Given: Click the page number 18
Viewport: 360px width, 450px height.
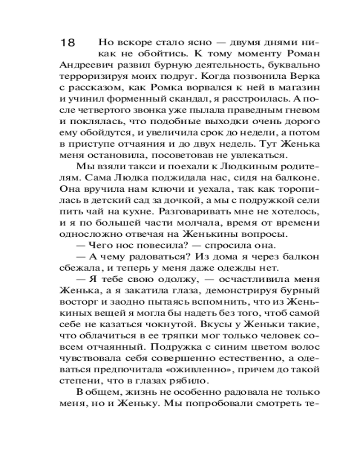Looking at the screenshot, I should tap(68, 43).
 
